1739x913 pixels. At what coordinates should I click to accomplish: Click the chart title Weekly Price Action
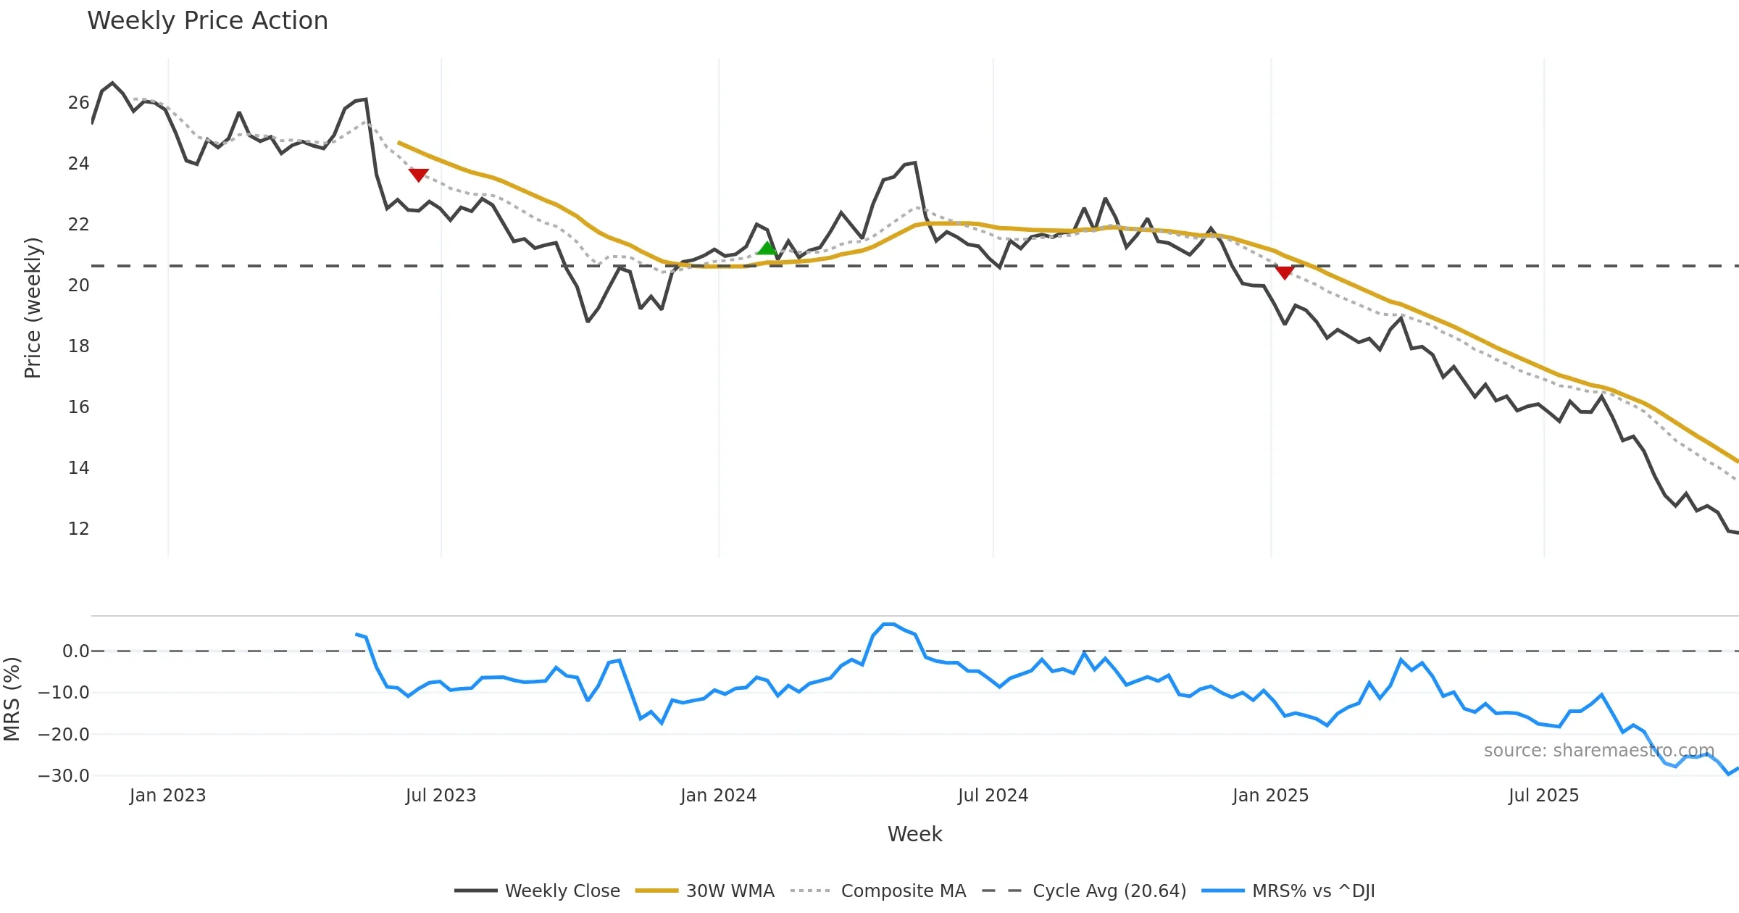click(x=207, y=21)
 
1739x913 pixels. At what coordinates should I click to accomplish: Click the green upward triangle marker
click(x=767, y=249)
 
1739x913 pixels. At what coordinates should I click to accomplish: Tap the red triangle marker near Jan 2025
click(x=1285, y=272)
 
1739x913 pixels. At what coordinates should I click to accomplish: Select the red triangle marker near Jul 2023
click(x=419, y=175)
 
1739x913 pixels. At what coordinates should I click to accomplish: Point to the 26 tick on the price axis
click(x=78, y=103)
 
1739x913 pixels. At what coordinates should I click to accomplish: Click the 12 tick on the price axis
click(x=78, y=529)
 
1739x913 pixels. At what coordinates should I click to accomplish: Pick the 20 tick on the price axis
click(x=78, y=285)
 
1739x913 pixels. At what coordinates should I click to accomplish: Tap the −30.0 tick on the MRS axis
click(x=64, y=776)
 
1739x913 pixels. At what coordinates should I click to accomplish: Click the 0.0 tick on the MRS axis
click(x=75, y=651)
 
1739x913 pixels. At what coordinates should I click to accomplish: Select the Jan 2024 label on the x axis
click(x=718, y=796)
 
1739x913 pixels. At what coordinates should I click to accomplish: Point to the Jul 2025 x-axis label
click(x=1543, y=796)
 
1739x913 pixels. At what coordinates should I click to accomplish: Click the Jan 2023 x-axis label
click(x=167, y=796)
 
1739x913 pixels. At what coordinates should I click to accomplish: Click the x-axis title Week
click(x=914, y=835)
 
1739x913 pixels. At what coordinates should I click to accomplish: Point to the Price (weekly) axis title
click(x=33, y=308)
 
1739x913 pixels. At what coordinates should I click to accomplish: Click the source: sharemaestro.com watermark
click(x=1598, y=751)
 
